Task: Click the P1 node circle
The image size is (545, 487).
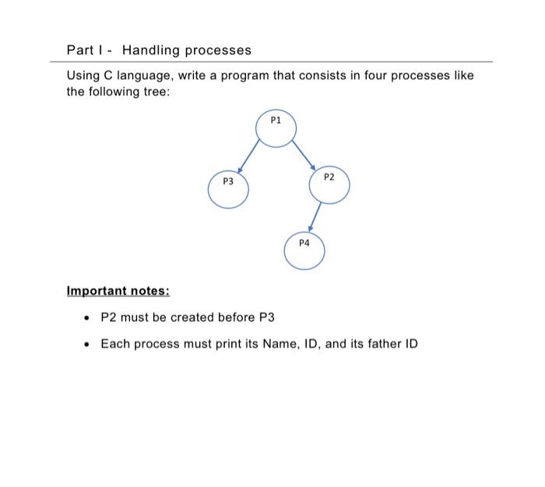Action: [276, 129]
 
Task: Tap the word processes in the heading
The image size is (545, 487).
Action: [217, 51]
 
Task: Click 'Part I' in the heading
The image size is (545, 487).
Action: [83, 51]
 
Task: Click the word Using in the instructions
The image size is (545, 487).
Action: [85, 75]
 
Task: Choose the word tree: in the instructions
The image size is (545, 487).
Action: [152, 91]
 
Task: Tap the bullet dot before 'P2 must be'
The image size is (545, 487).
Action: [87, 318]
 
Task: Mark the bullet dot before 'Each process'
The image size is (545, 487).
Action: [87, 344]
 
